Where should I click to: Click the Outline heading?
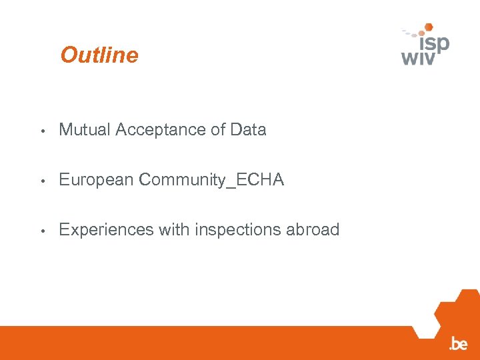pos(99,55)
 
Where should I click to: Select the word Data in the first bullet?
pos(248,130)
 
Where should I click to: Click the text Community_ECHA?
pos(211,180)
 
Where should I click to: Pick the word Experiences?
pos(106,230)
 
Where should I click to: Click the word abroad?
pos(313,230)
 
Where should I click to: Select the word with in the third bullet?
pos(174,230)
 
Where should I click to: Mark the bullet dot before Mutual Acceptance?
pos(42,131)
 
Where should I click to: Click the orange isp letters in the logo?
pos(434,43)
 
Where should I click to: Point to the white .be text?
pos(458,344)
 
